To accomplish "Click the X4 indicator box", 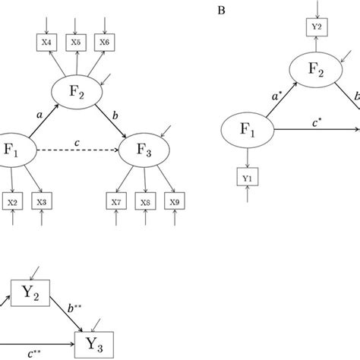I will coord(48,43).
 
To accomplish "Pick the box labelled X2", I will coord(14,202).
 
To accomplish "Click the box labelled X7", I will coord(115,202).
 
